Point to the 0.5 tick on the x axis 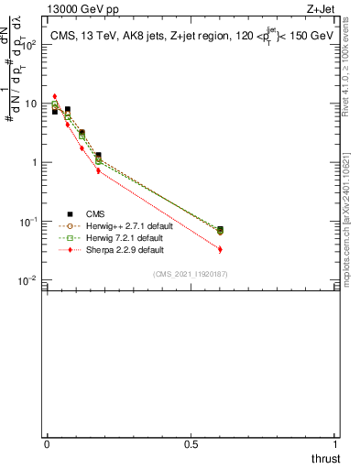pyautogui.click(x=191, y=444)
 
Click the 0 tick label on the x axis pyautogui.click(x=47, y=444)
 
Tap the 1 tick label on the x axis pyautogui.click(x=336, y=444)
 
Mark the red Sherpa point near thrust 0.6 pyautogui.click(x=220, y=249)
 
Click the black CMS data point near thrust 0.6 pyautogui.click(x=220, y=229)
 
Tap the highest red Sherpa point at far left pyautogui.click(x=55, y=96)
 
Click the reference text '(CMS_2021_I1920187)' pyautogui.click(x=190, y=274)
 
